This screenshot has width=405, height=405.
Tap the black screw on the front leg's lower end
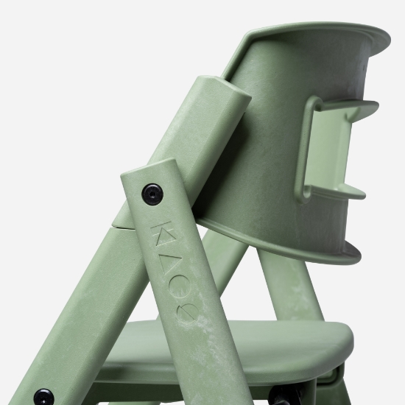pyautogui.click(x=44, y=397)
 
